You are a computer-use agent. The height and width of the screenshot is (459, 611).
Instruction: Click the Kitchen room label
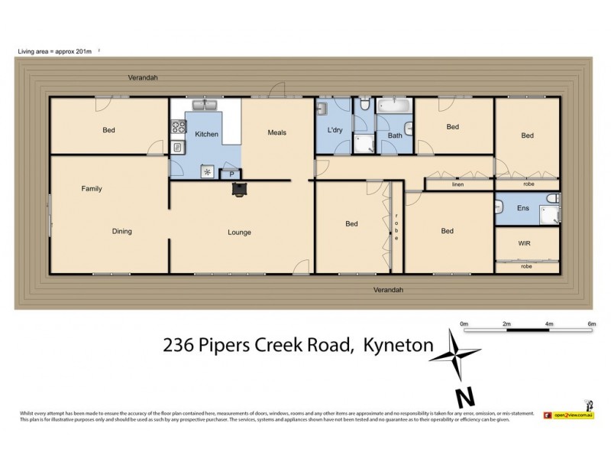coord(206,135)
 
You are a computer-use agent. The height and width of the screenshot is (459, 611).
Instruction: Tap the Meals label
coord(276,132)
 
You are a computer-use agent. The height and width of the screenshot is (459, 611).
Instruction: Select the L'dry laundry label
coord(335,130)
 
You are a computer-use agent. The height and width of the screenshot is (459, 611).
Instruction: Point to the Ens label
coord(523,207)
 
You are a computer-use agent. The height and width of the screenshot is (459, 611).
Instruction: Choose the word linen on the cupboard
coord(458,184)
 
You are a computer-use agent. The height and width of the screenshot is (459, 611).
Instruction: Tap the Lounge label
coord(239,232)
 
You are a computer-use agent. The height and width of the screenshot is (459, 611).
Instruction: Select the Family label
coord(92,188)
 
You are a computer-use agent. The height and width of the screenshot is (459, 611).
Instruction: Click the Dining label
coord(121,231)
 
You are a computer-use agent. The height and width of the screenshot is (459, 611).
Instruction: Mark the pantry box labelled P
coord(230,174)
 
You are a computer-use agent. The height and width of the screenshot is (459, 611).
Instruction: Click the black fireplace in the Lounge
coord(240,188)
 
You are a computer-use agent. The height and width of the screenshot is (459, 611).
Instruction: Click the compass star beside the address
coord(457,356)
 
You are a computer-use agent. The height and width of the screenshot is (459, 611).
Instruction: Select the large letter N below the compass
coord(463,397)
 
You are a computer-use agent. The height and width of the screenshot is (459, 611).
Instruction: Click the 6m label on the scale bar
coord(590,324)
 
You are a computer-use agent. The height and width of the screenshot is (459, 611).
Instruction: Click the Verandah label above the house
coord(142,78)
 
